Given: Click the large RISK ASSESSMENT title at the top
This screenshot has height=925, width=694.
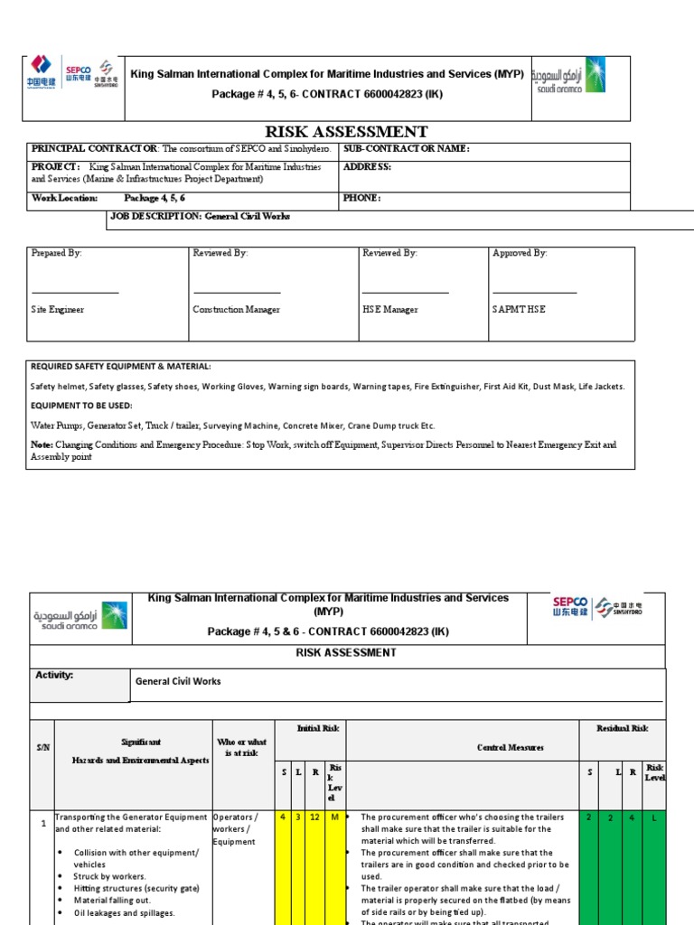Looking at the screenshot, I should (x=346, y=132).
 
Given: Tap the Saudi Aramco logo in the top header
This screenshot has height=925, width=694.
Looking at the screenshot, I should (x=568, y=76).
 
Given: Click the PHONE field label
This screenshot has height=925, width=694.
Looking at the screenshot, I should (x=362, y=198).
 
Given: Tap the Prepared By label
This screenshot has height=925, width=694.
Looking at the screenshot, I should (x=56, y=254).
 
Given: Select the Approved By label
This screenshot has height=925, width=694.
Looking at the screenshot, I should (x=520, y=254).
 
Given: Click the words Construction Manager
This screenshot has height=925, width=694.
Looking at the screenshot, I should (x=236, y=310).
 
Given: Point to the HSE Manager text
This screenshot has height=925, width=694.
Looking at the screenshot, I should (x=390, y=310).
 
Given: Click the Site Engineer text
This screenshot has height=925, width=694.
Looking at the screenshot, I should (x=58, y=310).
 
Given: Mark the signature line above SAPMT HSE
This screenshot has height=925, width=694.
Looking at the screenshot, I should (x=534, y=292).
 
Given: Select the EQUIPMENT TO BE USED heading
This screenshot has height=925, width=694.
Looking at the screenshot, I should (x=81, y=406).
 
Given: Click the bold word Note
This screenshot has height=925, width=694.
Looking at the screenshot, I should (x=41, y=444).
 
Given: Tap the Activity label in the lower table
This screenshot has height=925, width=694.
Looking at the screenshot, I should (x=54, y=675).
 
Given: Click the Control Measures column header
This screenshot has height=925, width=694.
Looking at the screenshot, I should (x=511, y=748).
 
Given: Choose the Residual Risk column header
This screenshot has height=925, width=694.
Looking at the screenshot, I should (x=622, y=728).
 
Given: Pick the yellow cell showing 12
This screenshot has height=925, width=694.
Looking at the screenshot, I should (x=314, y=818).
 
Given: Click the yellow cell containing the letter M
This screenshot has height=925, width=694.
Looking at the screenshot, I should (x=334, y=818).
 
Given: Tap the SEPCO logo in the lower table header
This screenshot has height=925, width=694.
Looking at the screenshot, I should (x=570, y=606).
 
